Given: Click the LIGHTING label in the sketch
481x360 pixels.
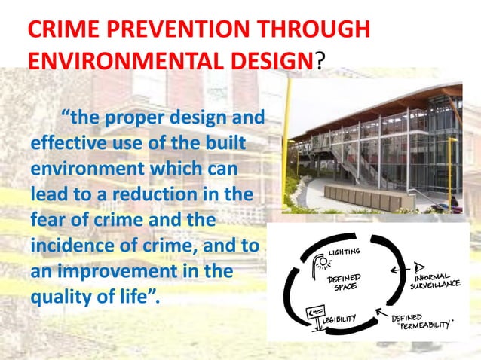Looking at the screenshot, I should click(348, 251).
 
